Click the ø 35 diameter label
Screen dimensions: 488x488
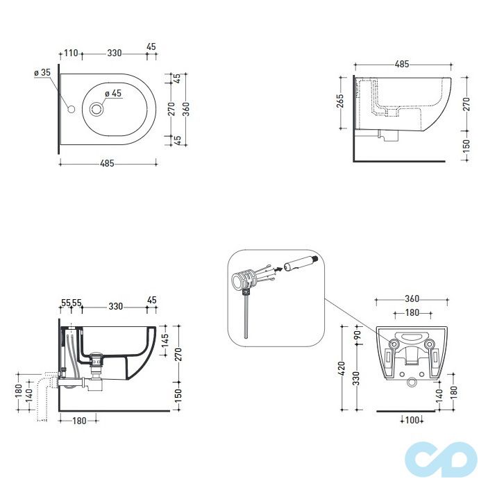coord(42,72)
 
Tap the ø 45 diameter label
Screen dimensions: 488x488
coord(113,94)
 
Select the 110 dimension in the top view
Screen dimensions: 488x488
coord(71,53)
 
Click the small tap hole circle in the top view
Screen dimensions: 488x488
coord(71,109)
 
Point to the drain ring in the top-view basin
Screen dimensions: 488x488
coord(97,109)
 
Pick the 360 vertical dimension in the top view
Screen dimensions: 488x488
coord(186,109)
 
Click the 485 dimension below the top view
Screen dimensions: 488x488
coord(107,163)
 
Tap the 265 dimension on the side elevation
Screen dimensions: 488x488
coord(340,101)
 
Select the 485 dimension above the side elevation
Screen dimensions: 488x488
coord(402,64)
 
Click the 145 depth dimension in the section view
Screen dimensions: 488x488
coord(165,340)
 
